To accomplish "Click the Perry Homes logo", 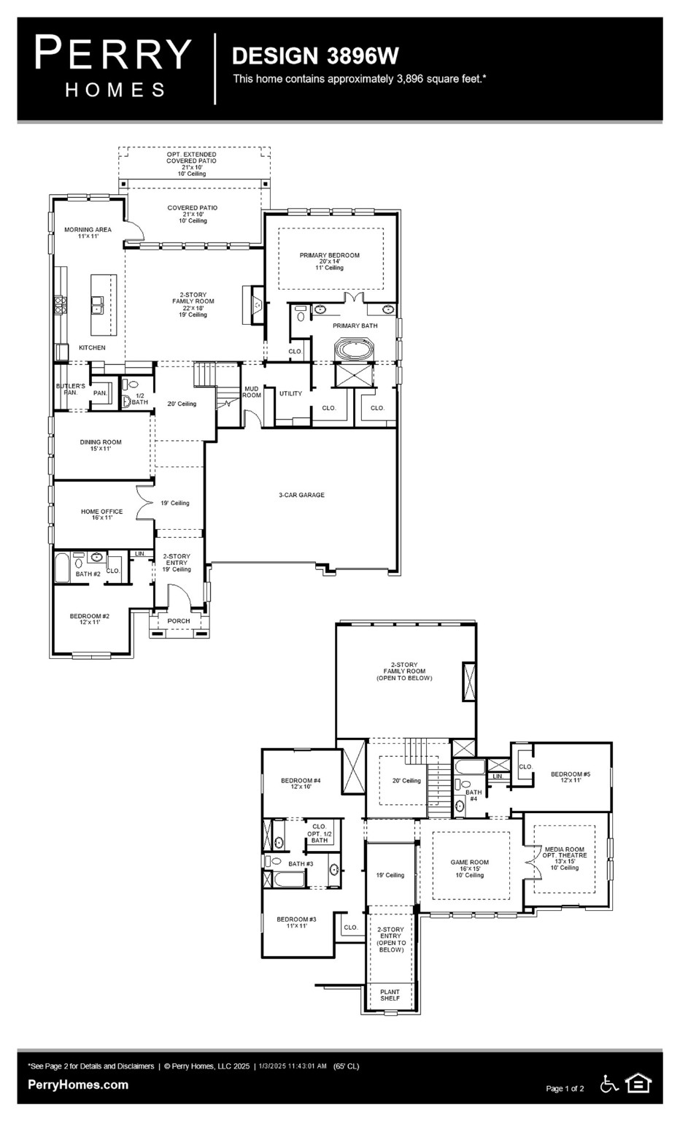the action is coord(113,67).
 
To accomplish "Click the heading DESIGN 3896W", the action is coord(314,56).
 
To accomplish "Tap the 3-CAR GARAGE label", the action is coord(301,496).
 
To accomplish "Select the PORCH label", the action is coord(179,621).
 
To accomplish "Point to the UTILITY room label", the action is coord(290,394).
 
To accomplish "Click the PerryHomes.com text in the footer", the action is coord(78,1085).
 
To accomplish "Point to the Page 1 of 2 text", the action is coord(565,1089).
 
